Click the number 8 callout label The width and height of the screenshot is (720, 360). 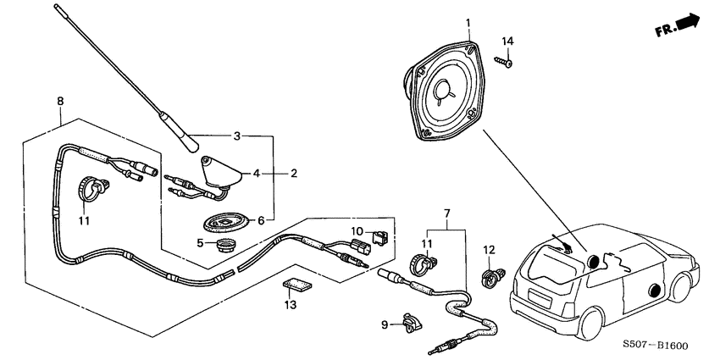coord(59,102)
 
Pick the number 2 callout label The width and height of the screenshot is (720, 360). coord(293,174)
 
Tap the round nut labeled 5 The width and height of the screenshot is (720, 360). coord(224,246)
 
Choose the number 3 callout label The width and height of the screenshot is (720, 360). coord(236,136)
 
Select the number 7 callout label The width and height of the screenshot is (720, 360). coord(446,212)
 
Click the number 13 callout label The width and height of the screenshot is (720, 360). coord(290,306)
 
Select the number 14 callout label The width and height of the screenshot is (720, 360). coord(508,41)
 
